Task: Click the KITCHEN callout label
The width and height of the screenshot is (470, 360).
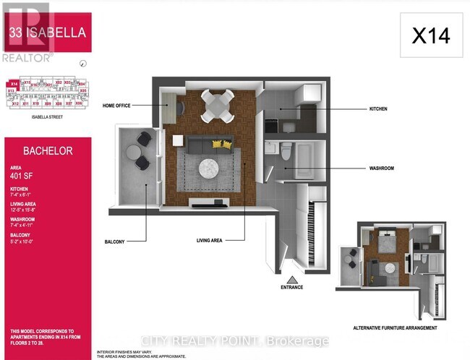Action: coord(378,108)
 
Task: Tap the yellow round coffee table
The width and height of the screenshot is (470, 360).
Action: coord(217,143)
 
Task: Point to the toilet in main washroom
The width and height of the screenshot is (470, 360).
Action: coord(285,151)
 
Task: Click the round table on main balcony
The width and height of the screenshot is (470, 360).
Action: coord(134,151)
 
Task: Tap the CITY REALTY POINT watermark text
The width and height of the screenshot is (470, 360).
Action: coord(235,340)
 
